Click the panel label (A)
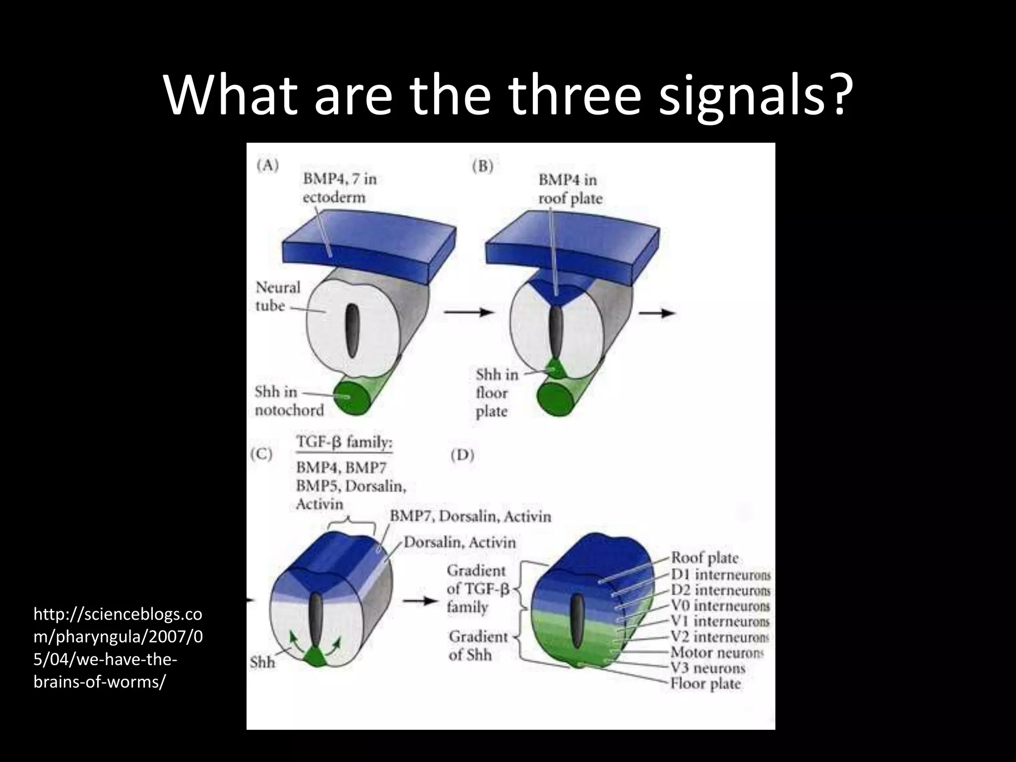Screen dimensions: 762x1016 pyautogui.click(x=267, y=165)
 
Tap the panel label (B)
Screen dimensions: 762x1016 pyautogui.click(x=483, y=167)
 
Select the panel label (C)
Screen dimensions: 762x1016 pyautogui.click(x=261, y=454)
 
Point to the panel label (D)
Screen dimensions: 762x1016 pyautogui.click(x=462, y=454)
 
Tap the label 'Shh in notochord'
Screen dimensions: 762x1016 pyautogui.click(x=289, y=401)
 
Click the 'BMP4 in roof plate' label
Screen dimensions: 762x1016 pyautogui.click(x=570, y=189)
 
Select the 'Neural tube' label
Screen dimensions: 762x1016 pyautogui.click(x=278, y=296)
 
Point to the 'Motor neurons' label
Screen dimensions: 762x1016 pyautogui.click(x=717, y=652)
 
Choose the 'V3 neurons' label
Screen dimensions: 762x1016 pyautogui.click(x=707, y=668)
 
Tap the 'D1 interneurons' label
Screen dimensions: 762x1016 pyautogui.click(x=720, y=574)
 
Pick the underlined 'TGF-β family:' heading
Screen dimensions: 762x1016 pyautogui.click(x=344, y=442)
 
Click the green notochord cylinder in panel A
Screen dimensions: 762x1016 pyautogui.click(x=352, y=397)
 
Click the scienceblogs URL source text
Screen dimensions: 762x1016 pyautogui.click(x=118, y=648)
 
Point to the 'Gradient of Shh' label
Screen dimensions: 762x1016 pyautogui.click(x=478, y=645)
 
